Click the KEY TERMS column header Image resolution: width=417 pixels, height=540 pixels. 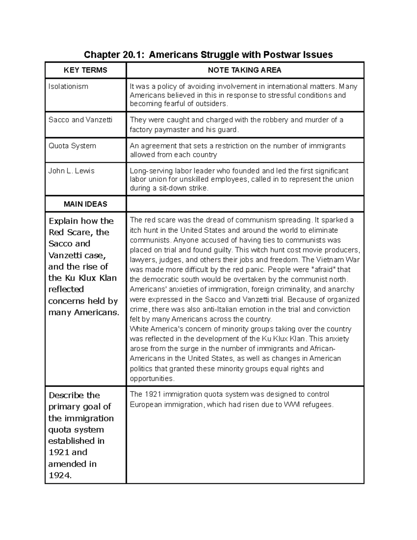pyautogui.click(x=85, y=70)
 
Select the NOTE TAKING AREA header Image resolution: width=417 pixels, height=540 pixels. pyautogui.click(x=244, y=70)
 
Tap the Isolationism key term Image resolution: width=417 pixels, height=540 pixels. pyautogui.click(x=68, y=86)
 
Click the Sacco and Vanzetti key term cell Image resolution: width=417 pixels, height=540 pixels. pyautogui.click(x=81, y=120)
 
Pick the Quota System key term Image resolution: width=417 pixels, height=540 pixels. pyautogui.click(x=72, y=146)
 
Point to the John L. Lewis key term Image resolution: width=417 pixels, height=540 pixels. pyautogui.click(x=72, y=171)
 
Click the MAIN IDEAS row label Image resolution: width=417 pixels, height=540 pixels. pyautogui.click(x=85, y=204)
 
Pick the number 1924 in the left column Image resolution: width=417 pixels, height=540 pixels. pyautogui.click(x=60, y=475)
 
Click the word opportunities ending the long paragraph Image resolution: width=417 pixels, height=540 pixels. pyautogui.click(x=152, y=378)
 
